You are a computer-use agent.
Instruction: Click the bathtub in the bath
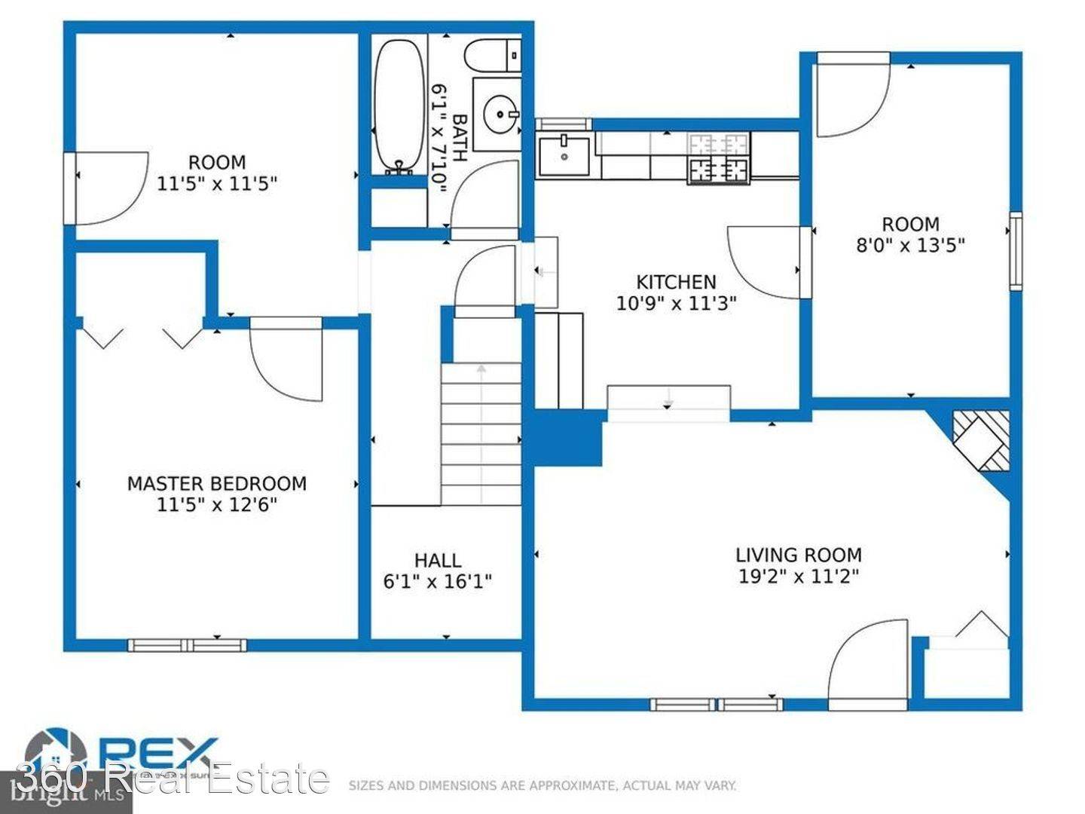point(399,106)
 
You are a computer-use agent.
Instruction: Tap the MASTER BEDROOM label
point(217,484)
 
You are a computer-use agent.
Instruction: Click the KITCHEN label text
point(676,283)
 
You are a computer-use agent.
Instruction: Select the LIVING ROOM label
point(798,555)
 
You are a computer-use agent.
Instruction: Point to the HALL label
point(438,561)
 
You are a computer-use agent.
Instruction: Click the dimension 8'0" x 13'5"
point(910,245)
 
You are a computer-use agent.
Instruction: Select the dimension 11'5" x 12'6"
point(217,505)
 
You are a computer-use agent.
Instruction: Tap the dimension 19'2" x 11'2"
point(798,577)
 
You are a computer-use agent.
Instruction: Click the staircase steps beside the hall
point(481,433)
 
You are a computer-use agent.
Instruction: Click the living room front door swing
point(866,663)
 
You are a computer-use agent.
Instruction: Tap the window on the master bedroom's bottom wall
point(187,644)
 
